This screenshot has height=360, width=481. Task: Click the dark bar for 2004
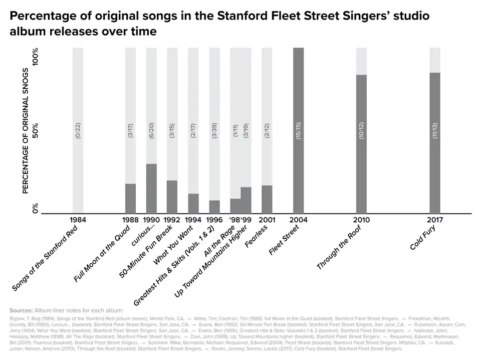(x=298, y=130)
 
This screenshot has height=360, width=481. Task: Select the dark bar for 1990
(x=151, y=189)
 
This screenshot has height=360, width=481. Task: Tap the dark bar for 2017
(x=434, y=143)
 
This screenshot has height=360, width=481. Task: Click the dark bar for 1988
(x=130, y=199)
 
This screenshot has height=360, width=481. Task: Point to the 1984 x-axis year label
(x=78, y=220)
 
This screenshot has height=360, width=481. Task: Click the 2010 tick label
(x=361, y=220)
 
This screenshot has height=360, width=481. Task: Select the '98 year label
(x=235, y=220)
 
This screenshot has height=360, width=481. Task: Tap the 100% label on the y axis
(x=36, y=58)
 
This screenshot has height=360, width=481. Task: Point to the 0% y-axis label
(x=36, y=208)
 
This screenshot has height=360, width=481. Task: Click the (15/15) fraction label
(x=299, y=129)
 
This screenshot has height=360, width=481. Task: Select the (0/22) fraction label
(x=78, y=129)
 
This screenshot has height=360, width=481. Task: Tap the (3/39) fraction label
(x=214, y=129)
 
